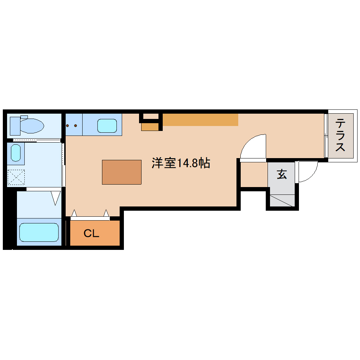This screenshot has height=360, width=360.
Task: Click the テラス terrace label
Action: pos(340,135)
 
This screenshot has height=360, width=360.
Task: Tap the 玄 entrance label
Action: pos(281,174)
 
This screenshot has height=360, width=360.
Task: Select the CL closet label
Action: pos(91,233)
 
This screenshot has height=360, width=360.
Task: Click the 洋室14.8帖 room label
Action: pos(181,163)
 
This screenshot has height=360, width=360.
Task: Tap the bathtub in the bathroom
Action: pos(39,232)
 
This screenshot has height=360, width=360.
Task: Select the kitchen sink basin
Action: pos(107,125)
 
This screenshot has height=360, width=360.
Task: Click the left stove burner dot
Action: pos(68,125)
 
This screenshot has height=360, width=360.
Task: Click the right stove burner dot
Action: pos(76,125)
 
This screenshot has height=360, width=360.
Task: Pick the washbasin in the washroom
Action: pos(16,153)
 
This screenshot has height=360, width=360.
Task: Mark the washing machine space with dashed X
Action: pos(16,177)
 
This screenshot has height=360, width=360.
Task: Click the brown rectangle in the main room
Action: pos(122,172)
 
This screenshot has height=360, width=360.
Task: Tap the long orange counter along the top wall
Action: pos(200,120)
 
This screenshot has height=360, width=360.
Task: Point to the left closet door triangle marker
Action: pos(74,213)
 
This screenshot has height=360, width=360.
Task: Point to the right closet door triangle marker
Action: pos(106,213)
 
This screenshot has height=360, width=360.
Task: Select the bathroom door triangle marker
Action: pos(55,198)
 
